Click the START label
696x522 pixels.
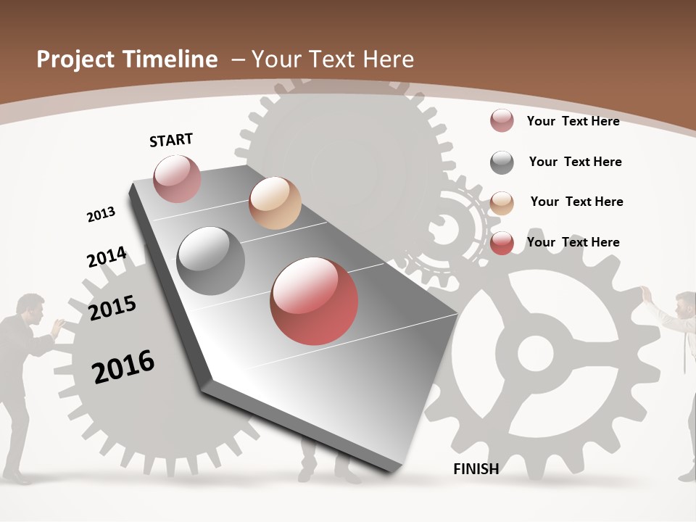point(171,140)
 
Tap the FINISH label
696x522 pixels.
point(476,469)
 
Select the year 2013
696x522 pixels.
point(101,215)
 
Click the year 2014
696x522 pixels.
point(107,257)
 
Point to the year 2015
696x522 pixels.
point(112,308)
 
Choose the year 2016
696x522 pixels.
point(123,366)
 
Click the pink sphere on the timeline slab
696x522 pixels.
point(177,178)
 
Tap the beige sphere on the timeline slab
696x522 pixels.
point(275,203)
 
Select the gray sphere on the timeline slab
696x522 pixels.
point(211,261)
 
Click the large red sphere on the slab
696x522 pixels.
point(314,301)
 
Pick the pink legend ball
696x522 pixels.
point(502,121)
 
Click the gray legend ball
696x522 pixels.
point(502,162)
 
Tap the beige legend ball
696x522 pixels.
point(502,202)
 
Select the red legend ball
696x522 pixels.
point(502,243)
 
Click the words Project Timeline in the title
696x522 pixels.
point(127,59)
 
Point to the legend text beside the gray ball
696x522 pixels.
point(575,162)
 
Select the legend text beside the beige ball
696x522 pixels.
point(576,202)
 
